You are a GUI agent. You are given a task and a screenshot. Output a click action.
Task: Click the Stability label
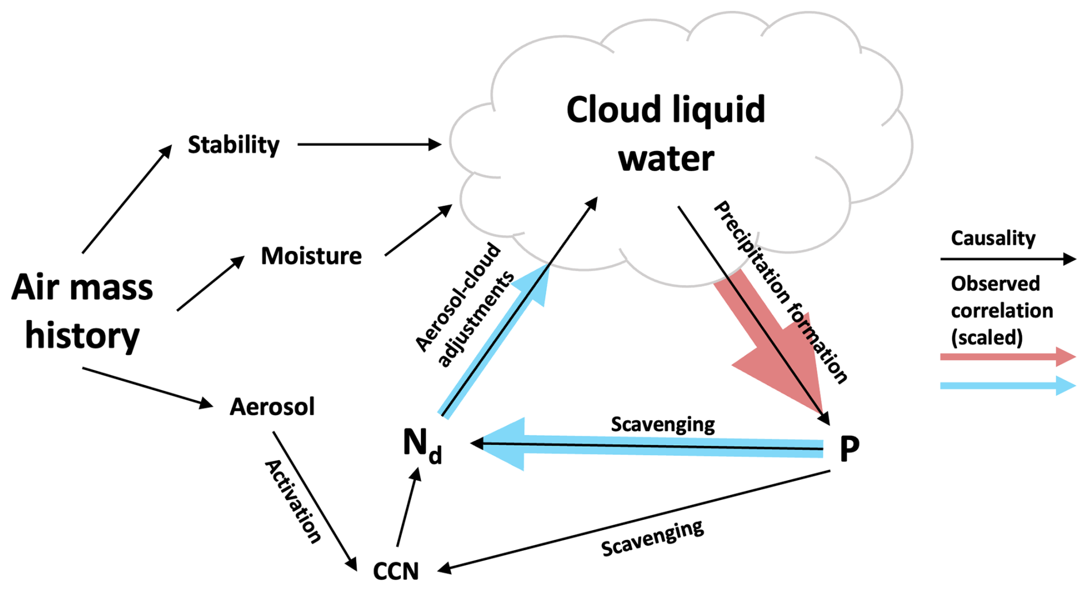[x=233, y=145]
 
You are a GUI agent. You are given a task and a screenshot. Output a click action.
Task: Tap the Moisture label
[x=311, y=256]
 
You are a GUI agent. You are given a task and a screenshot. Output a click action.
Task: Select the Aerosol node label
[x=272, y=407]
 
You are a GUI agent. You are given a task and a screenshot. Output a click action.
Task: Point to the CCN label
[x=396, y=570]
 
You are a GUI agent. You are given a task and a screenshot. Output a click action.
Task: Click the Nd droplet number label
[x=422, y=446]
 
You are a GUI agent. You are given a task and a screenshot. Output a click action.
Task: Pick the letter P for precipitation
[x=849, y=449]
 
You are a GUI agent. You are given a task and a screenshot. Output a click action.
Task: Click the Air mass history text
[x=82, y=311]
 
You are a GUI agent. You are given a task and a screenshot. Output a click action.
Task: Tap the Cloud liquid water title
[x=666, y=133]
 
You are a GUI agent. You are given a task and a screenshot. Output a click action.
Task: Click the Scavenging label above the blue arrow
[x=662, y=424]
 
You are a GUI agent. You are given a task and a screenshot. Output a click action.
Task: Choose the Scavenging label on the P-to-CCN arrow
[x=652, y=539]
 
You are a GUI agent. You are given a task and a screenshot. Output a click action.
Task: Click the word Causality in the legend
[x=993, y=238]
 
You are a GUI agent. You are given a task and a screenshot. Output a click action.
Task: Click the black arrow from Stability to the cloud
[x=368, y=145]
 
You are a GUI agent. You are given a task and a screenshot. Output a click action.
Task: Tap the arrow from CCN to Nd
[x=407, y=508]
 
